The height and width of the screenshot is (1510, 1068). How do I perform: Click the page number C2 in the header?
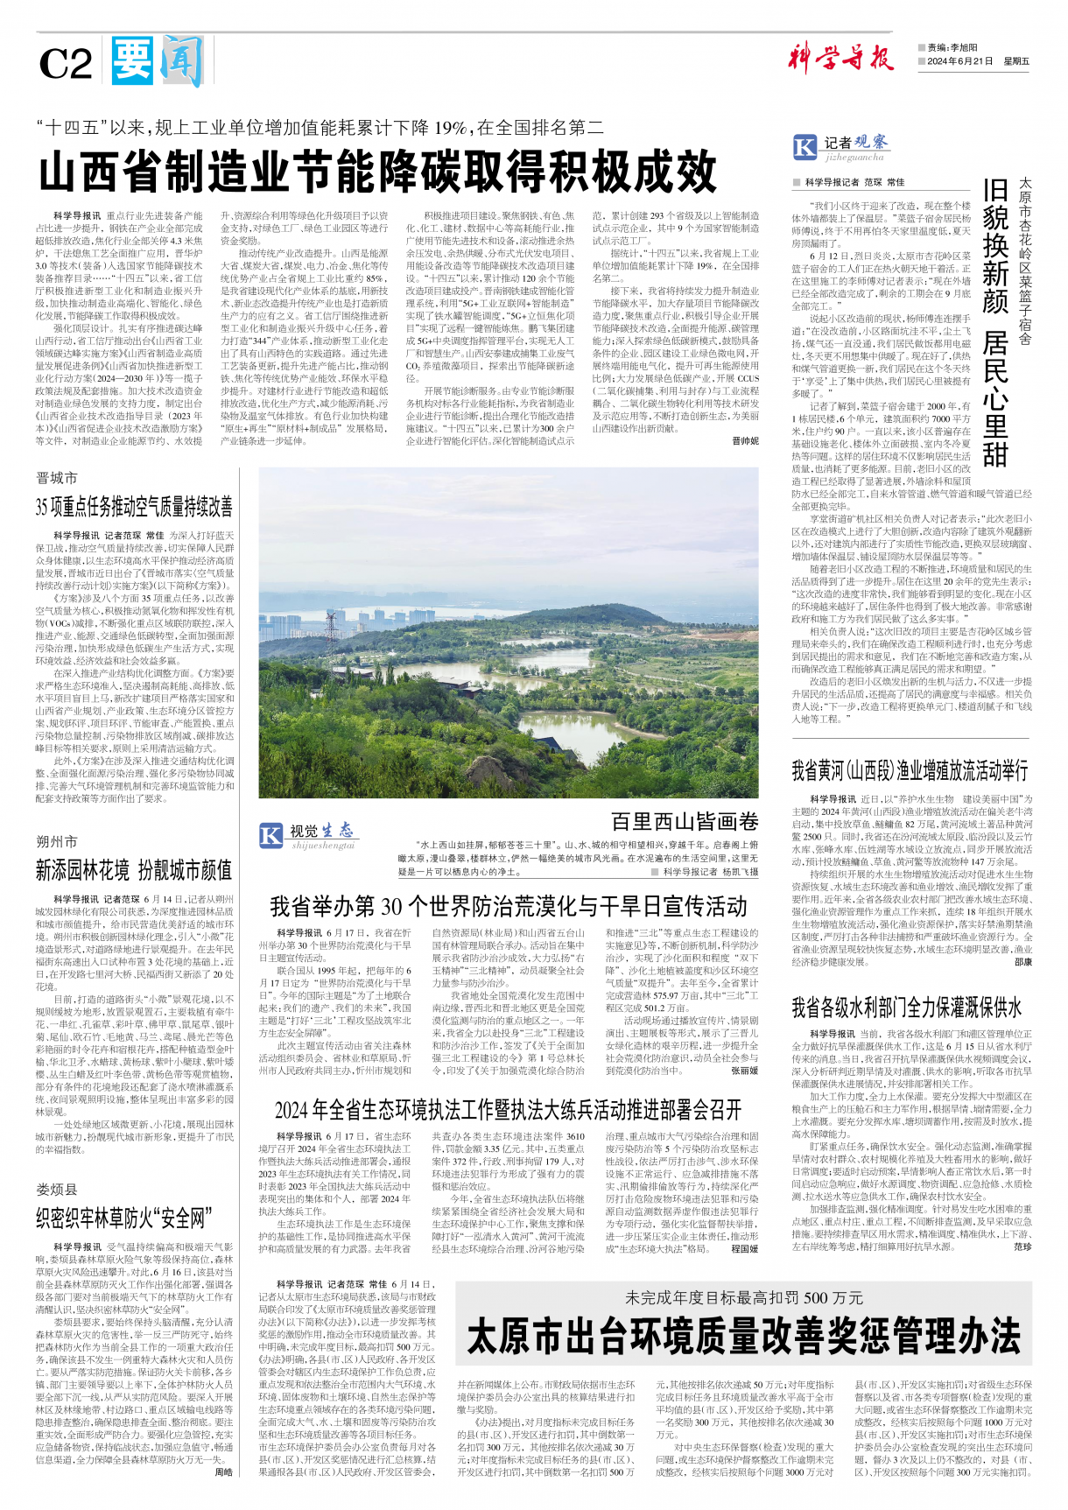click(x=66, y=64)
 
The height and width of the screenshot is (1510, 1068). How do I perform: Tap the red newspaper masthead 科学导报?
click(x=840, y=59)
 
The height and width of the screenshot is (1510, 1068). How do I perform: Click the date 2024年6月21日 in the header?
click(x=960, y=61)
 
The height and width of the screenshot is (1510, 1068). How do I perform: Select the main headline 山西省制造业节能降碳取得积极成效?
click(x=377, y=171)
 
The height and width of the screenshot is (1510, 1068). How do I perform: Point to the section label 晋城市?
click(x=57, y=478)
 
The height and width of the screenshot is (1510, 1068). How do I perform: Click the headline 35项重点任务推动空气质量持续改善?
click(x=134, y=507)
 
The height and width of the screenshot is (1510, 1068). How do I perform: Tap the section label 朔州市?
click(x=57, y=841)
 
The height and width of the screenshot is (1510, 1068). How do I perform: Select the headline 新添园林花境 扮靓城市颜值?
click(x=134, y=870)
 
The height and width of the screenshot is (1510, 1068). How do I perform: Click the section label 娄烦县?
click(x=57, y=1190)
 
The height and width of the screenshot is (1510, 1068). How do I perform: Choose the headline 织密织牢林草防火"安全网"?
click(x=123, y=1218)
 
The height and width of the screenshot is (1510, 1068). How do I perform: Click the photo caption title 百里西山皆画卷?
click(x=685, y=821)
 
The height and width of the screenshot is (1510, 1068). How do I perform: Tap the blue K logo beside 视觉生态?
click(x=271, y=834)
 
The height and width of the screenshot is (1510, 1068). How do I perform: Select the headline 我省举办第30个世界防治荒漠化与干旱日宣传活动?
click(x=509, y=905)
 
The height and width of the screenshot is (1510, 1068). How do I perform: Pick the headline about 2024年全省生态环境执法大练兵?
click(x=509, y=1110)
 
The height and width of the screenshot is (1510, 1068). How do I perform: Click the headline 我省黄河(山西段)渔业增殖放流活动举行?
click(x=910, y=770)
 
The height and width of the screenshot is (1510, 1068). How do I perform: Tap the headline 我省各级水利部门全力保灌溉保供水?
click(x=906, y=1007)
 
